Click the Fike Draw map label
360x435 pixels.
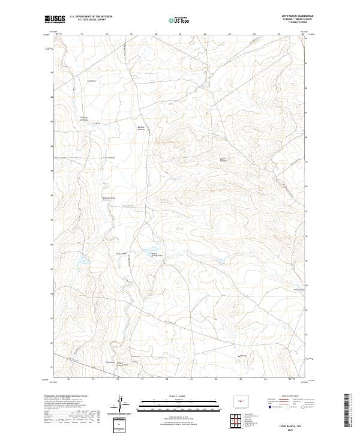coord(92,80)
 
